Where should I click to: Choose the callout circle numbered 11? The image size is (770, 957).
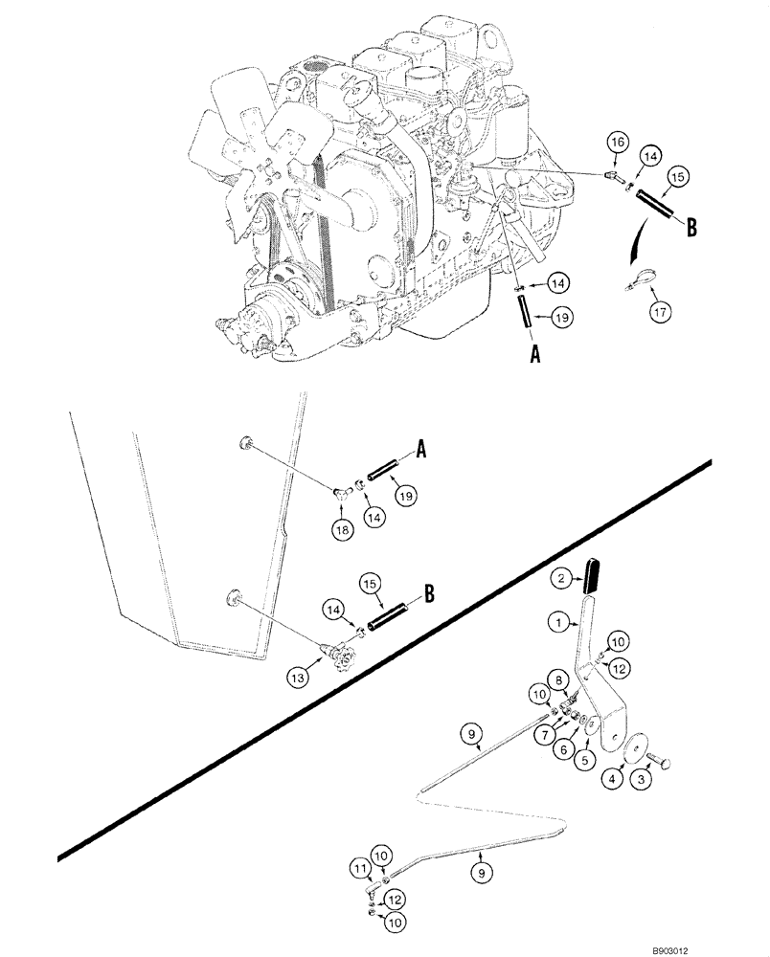pyautogui.click(x=359, y=868)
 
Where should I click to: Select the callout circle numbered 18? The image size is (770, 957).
pyautogui.click(x=343, y=527)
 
